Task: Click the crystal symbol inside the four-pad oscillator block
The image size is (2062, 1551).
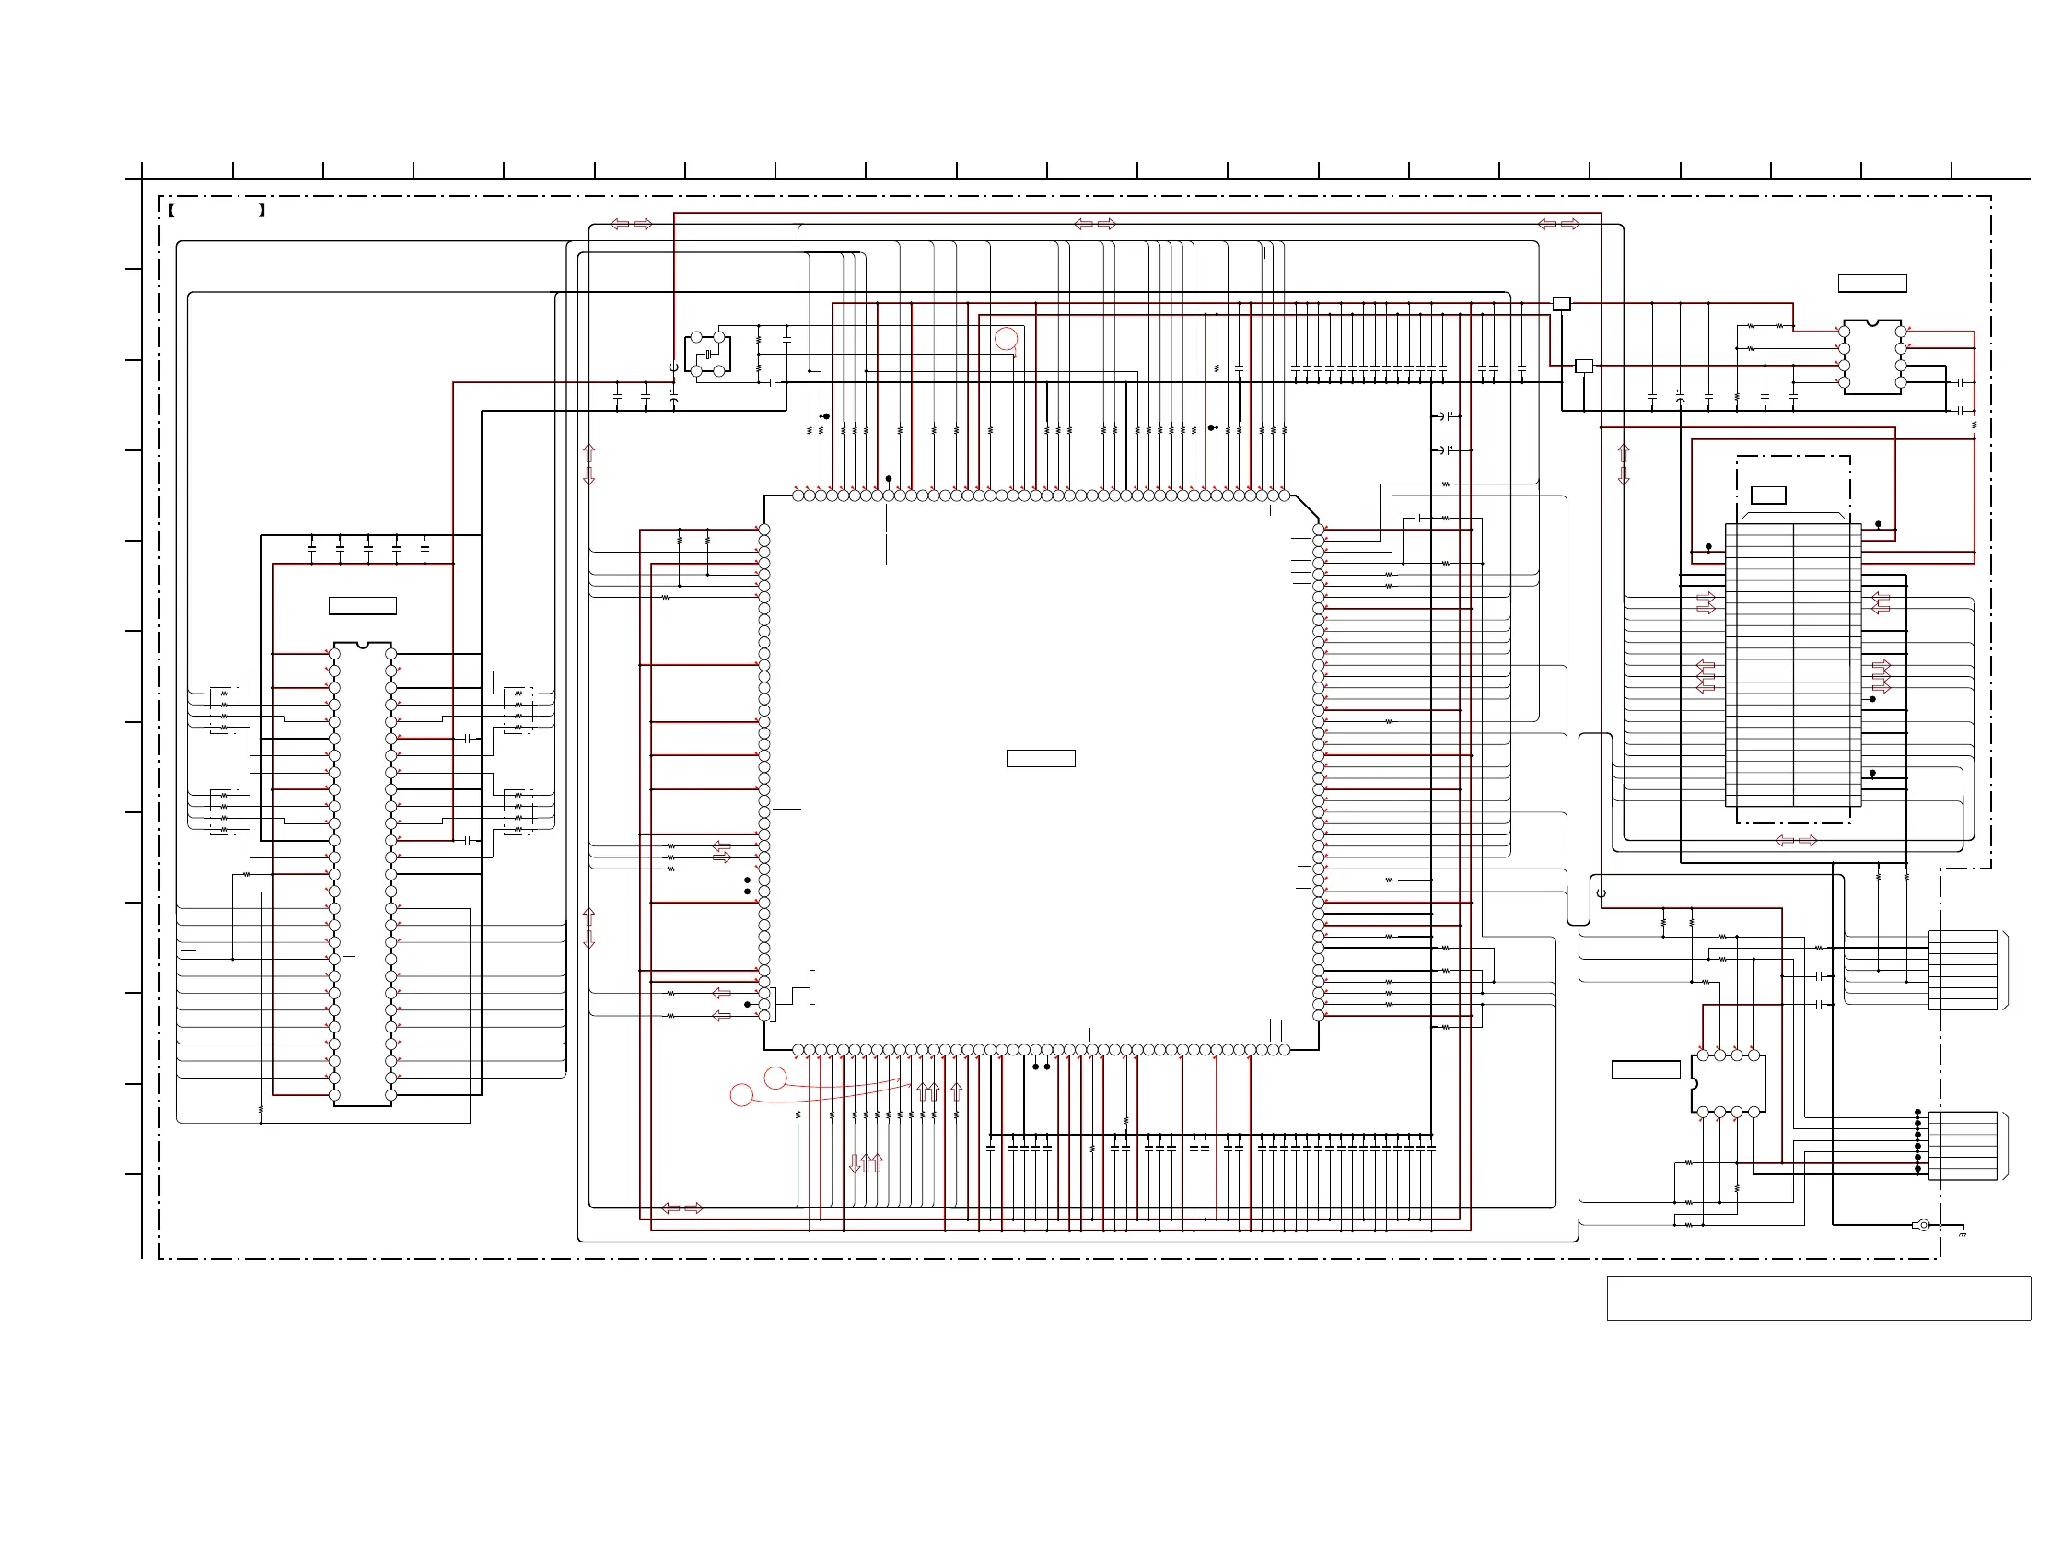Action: pos(707,355)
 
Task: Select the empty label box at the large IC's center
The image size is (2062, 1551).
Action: pos(1041,759)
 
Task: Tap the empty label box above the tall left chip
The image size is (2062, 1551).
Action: pos(363,606)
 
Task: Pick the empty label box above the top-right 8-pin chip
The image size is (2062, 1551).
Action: pos(1872,284)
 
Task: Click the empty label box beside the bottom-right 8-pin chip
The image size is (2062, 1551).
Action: pos(1646,1070)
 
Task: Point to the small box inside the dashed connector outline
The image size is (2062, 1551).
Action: pos(1768,495)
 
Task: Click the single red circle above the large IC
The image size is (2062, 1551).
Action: pos(1006,339)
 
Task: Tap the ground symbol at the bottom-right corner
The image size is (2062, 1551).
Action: pos(1963,1233)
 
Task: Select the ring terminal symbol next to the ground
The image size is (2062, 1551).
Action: pos(1922,1225)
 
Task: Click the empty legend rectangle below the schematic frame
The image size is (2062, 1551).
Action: pos(1818,1298)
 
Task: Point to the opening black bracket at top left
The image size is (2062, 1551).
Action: pos(172,211)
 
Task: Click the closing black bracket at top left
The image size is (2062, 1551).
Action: pos(262,211)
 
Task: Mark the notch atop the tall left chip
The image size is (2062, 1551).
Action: pos(363,645)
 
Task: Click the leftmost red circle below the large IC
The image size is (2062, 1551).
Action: pos(741,1095)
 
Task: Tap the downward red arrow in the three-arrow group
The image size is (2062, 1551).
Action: pos(854,1163)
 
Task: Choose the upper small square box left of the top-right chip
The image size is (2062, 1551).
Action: pos(1561,304)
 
